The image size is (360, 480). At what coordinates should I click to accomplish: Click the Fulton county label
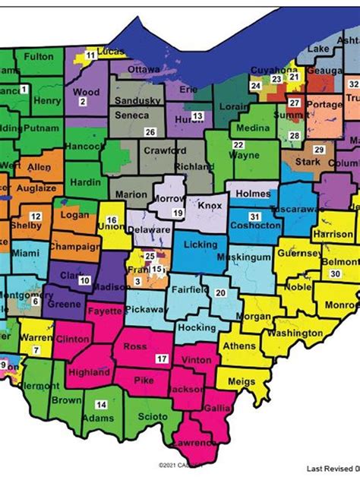pos(39,56)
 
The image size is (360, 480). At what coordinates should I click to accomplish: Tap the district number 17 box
pos(161,358)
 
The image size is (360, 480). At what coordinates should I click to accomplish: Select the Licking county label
pos(201,245)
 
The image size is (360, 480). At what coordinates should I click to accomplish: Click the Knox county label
pos(209,205)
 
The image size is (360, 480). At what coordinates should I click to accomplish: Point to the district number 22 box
pos(238,144)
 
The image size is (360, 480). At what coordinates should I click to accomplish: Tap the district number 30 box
pos(334,273)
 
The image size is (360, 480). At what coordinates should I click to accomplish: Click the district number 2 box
pos(83,100)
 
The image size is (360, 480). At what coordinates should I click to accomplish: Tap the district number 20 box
pos(219,292)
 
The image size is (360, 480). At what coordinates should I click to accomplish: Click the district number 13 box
pos(197,115)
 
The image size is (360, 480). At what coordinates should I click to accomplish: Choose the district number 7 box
pos(36,350)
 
